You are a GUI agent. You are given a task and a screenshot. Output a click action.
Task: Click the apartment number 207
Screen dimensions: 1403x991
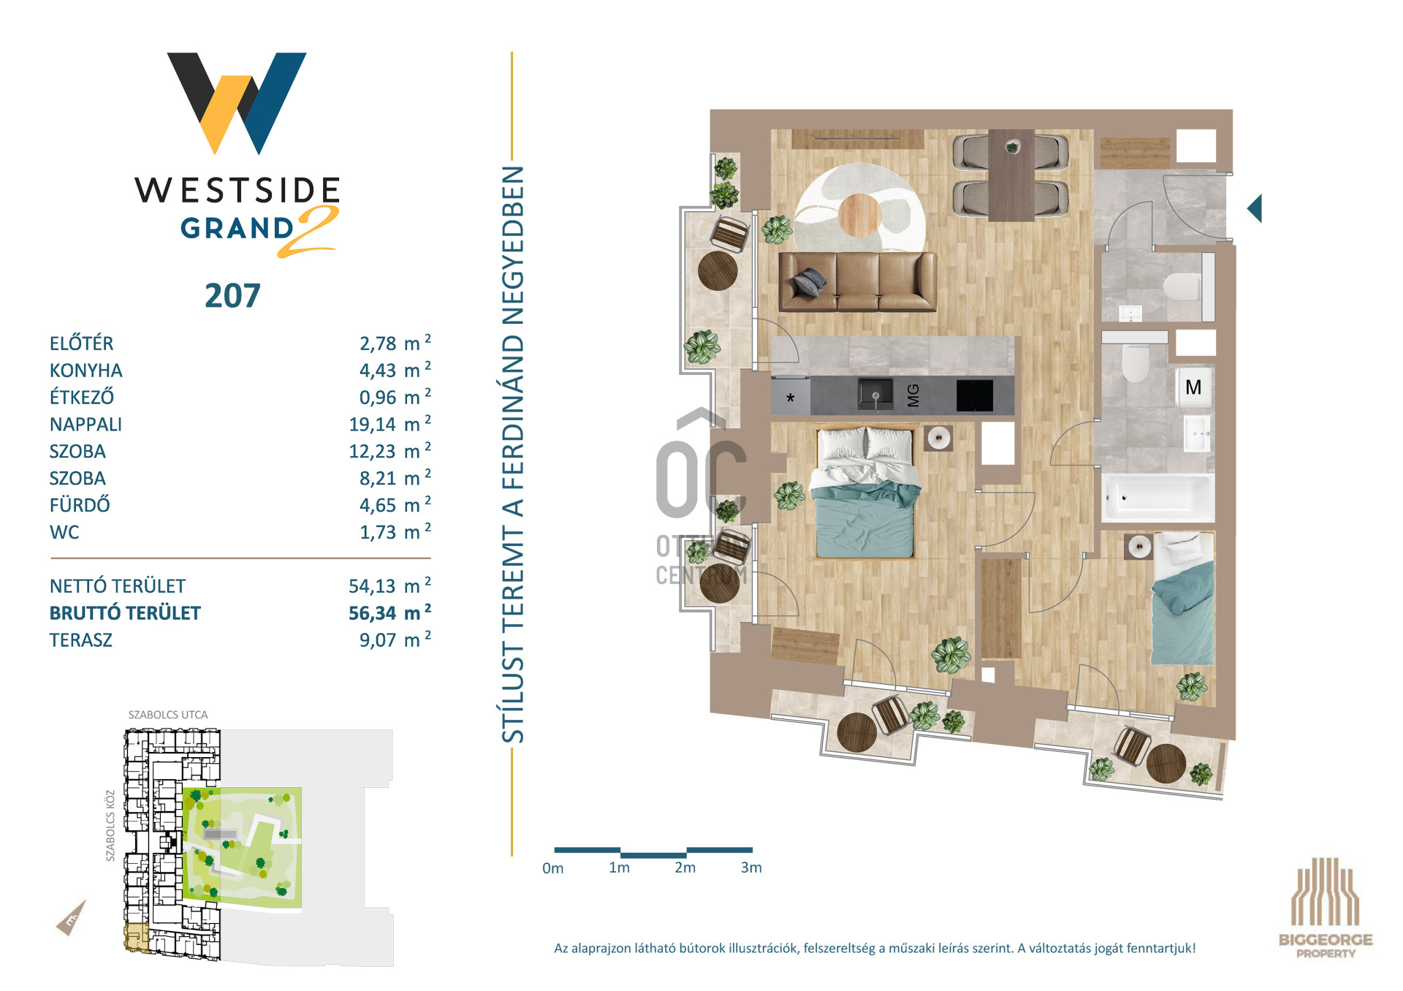pyautogui.click(x=232, y=296)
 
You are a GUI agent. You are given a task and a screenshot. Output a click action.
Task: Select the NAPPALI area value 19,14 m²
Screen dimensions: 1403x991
pyautogui.click(x=389, y=424)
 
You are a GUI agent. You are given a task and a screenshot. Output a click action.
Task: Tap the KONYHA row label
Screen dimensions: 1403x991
pyautogui.click(x=86, y=371)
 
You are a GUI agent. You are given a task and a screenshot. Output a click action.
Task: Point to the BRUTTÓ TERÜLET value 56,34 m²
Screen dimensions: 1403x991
pyautogui.click(x=389, y=612)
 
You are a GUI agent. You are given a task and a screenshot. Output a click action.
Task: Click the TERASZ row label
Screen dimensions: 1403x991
pyautogui.click(x=81, y=640)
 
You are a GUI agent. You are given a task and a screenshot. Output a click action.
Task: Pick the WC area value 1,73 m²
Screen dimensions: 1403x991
pyautogui.click(x=395, y=531)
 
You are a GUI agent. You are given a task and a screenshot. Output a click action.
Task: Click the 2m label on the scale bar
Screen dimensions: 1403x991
pyautogui.click(x=685, y=867)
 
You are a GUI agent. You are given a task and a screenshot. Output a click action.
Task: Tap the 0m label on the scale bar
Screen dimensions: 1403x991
pyautogui.click(x=552, y=868)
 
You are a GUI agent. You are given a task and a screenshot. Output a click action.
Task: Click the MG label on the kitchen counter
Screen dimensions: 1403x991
pyautogui.click(x=913, y=395)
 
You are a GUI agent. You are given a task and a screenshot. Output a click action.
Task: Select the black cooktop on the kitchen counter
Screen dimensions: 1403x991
pyautogui.click(x=975, y=395)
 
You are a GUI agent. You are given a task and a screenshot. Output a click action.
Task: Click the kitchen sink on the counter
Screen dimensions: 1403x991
pyautogui.click(x=875, y=395)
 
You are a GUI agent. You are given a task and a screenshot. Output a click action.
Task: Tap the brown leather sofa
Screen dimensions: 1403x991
pyautogui.click(x=858, y=282)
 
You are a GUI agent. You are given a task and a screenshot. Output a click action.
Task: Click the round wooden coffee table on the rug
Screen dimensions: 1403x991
pyautogui.click(x=860, y=214)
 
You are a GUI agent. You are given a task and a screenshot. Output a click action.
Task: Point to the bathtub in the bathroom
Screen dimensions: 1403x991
pyautogui.click(x=1158, y=498)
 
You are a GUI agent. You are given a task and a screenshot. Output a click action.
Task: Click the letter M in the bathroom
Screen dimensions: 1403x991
pyautogui.click(x=1193, y=387)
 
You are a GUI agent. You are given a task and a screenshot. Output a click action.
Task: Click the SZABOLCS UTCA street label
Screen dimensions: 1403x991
pyautogui.click(x=168, y=715)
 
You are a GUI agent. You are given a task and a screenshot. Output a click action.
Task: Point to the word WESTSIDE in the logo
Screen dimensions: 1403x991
pyautogui.click(x=237, y=190)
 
